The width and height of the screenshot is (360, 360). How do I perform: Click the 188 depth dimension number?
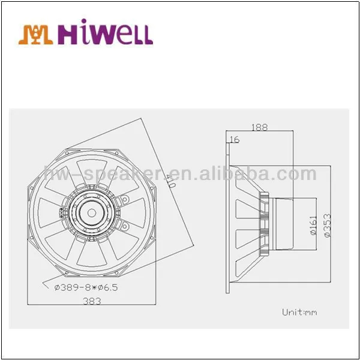pos(260,127)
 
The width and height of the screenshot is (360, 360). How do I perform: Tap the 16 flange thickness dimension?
pos(234,140)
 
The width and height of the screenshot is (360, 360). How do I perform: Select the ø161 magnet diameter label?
pos(313,225)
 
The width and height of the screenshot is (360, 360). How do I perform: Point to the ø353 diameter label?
pos(328,225)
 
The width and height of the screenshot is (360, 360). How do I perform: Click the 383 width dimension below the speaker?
pos(92,301)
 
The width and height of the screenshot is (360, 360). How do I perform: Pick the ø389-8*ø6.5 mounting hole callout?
pos(86,287)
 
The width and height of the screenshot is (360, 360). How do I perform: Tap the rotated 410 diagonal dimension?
pos(171,181)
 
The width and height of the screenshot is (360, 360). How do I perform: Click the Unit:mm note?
pos(299,312)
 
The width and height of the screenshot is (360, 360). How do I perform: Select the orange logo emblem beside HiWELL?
pos(36,34)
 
